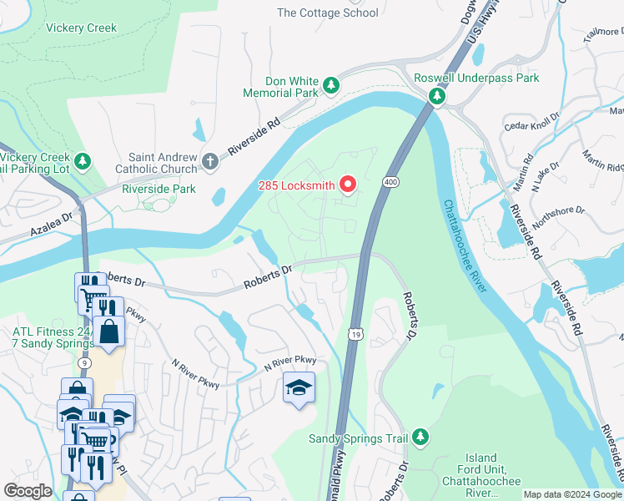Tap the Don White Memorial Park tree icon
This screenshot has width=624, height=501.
pyautogui.click(x=331, y=85)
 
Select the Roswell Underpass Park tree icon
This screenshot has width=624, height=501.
pyautogui.click(x=436, y=97)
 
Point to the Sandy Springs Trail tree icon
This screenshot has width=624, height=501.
pyautogui.click(x=421, y=437)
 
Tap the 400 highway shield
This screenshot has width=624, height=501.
pyautogui.click(x=390, y=181)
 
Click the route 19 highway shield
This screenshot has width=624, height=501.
pyautogui.click(x=354, y=333)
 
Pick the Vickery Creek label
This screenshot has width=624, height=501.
pyautogui.click(x=82, y=28)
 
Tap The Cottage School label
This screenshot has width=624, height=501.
pyautogui.click(x=327, y=13)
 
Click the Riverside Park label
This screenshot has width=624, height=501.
pyautogui.click(x=159, y=189)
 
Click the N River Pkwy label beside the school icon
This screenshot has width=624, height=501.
pyautogui.click(x=290, y=360)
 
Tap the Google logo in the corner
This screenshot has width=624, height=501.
pyautogui.click(x=28, y=491)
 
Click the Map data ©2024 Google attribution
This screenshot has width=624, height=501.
pyautogui.click(x=572, y=494)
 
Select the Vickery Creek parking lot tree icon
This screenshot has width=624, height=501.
pyautogui.click(x=82, y=159)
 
